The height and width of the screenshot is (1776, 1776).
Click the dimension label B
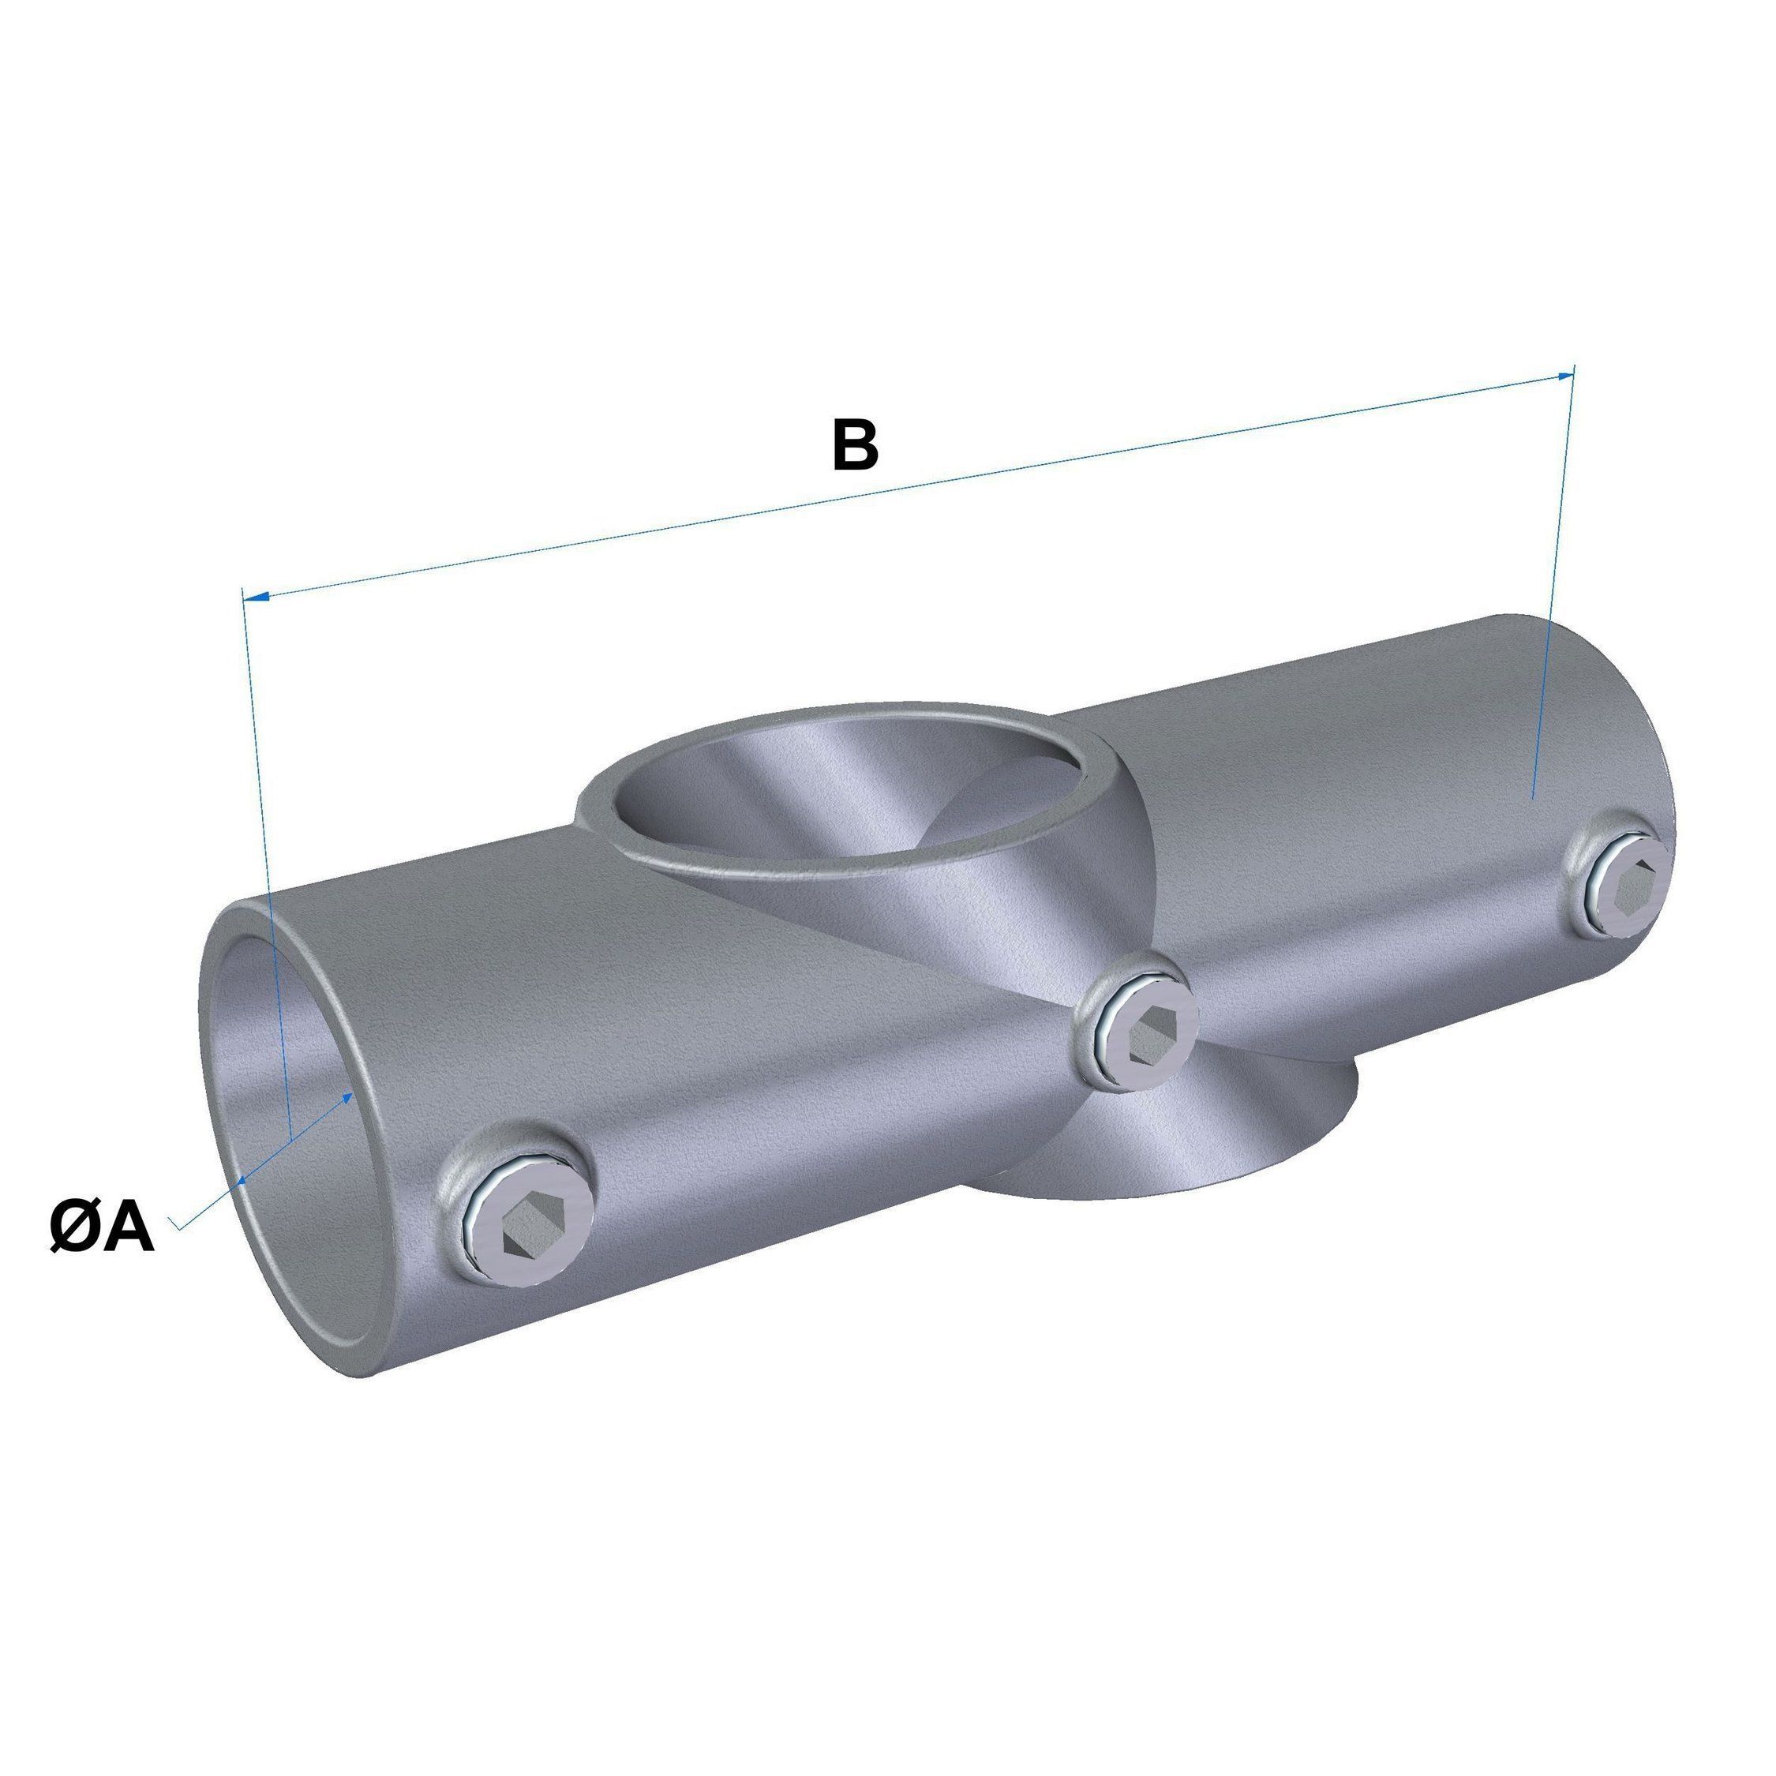pos(855,445)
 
